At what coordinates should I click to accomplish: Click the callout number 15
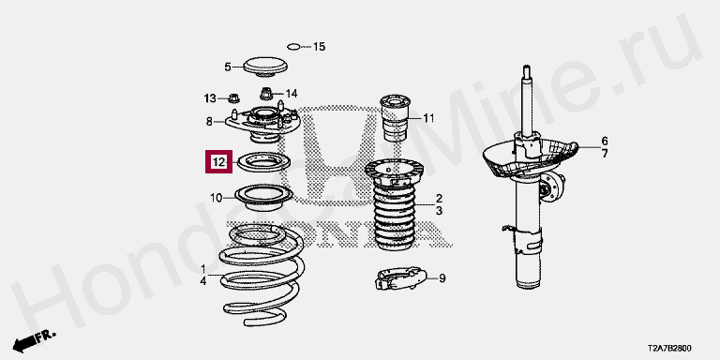[x=319, y=46]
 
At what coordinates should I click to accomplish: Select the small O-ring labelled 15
[x=293, y=46]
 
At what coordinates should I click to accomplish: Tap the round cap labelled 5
[x=265, y=67]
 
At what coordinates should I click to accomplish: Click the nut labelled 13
[x=233, y=97]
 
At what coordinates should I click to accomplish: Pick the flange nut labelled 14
[x=265, y=94]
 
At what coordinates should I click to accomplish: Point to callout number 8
[x=209, y=122]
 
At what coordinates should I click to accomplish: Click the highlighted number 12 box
[x=219, y=161]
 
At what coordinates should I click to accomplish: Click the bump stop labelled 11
[x=396, y=118]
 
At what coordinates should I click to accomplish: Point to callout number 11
[x=428, y=118]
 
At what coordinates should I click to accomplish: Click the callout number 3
[x=439, y=211]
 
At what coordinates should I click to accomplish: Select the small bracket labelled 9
[x=401, y=278]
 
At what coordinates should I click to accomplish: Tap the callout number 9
[x=442, y=278]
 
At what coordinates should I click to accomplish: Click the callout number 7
[x=605, y=154]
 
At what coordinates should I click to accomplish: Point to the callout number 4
[x=202, y=281]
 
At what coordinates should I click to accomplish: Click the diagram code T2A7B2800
[x=669, y=349]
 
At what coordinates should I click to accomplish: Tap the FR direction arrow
[x=34, y=339]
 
